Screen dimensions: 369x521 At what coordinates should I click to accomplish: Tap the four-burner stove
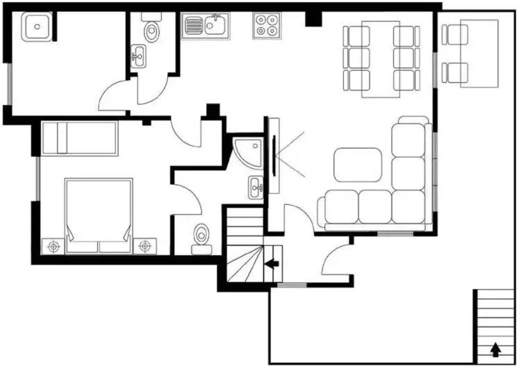tap(266, 26)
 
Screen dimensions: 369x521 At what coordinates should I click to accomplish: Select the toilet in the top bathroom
tap(151, 30)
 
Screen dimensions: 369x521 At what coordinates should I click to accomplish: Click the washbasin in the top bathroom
tap(139, 55)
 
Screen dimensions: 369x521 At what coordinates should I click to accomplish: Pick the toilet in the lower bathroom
tap(202, 236)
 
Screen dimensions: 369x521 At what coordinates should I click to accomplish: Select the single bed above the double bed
tap(79, 138)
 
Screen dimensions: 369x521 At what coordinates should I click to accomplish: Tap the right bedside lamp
tap(144, 245)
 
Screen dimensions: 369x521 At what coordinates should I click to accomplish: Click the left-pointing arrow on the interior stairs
tap(272, 264)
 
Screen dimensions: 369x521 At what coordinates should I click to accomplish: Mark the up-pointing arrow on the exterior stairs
tap(495, 349)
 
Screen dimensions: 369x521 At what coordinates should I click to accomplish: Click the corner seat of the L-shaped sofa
tap(408, 206)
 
